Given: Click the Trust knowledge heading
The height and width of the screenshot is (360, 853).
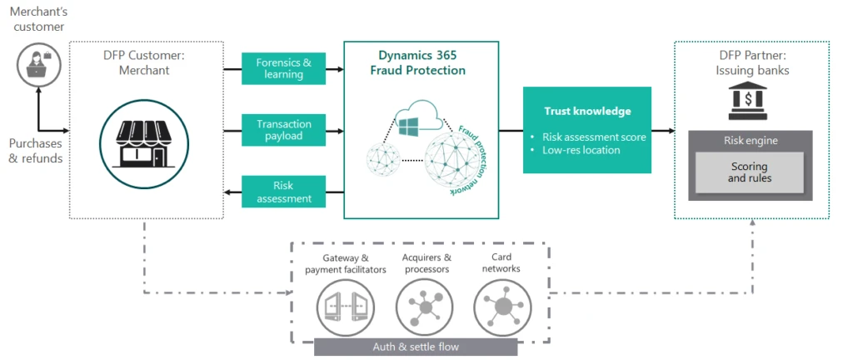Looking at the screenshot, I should [x=587, y=111].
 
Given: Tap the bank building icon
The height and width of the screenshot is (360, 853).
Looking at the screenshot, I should [x=752, y=104].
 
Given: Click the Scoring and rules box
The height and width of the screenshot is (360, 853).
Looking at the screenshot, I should [x=751, y=172].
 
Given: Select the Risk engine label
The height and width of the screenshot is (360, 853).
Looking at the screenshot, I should [x=751, y=141].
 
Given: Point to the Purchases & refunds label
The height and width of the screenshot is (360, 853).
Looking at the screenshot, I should [x=36, y=151].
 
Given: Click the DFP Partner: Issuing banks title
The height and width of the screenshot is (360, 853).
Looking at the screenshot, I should [x=751, y=64].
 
